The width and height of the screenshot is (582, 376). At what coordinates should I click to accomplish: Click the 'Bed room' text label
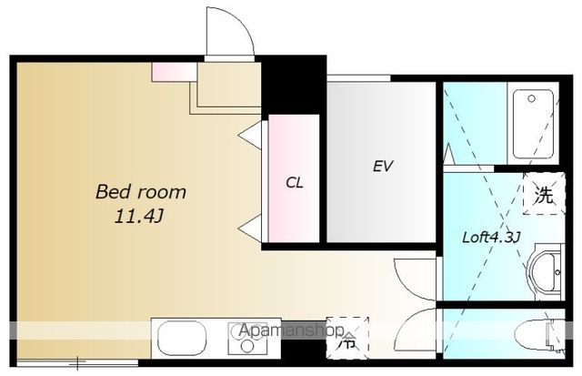(141, 192)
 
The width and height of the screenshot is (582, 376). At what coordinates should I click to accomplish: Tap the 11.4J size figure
(139, 216)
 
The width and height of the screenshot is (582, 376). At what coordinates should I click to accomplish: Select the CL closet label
(295, 182)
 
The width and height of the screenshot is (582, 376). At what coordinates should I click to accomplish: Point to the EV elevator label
(382, 166)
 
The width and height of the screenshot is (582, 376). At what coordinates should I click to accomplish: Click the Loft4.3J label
(491, 237)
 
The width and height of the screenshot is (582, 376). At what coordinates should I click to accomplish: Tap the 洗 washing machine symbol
(544, 194)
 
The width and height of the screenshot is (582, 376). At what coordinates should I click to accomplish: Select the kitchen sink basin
(182, 338)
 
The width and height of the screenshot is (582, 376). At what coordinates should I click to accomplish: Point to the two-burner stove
(247, 338)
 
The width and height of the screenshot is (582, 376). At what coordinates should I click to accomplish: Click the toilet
(540, 336)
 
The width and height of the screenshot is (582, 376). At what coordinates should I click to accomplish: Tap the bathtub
(533, 124)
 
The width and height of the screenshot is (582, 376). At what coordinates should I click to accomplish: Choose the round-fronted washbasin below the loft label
(544, 272)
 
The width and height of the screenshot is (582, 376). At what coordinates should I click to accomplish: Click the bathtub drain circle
(531, 99)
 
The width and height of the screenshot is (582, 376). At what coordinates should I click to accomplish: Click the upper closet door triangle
(250, 135)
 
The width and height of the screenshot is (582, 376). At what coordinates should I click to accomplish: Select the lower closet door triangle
(250, 229)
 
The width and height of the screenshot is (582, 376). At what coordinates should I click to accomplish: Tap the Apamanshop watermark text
(291, 330)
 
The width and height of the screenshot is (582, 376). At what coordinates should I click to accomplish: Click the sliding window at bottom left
(78, 362)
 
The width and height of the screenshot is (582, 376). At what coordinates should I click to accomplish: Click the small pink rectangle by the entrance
(174, 72)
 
